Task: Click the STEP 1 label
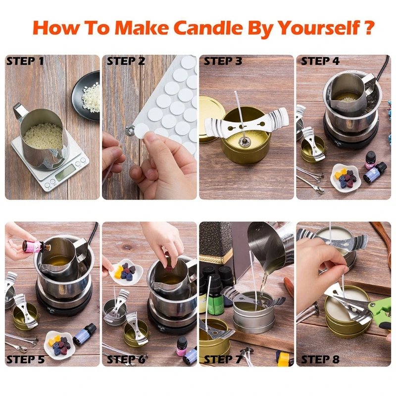tap(25, 62)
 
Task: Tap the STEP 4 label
tap(320, 62)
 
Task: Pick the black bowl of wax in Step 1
tap(87, 89)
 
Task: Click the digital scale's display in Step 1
tap(66, 173)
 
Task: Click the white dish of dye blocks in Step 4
tap(346, 176)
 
